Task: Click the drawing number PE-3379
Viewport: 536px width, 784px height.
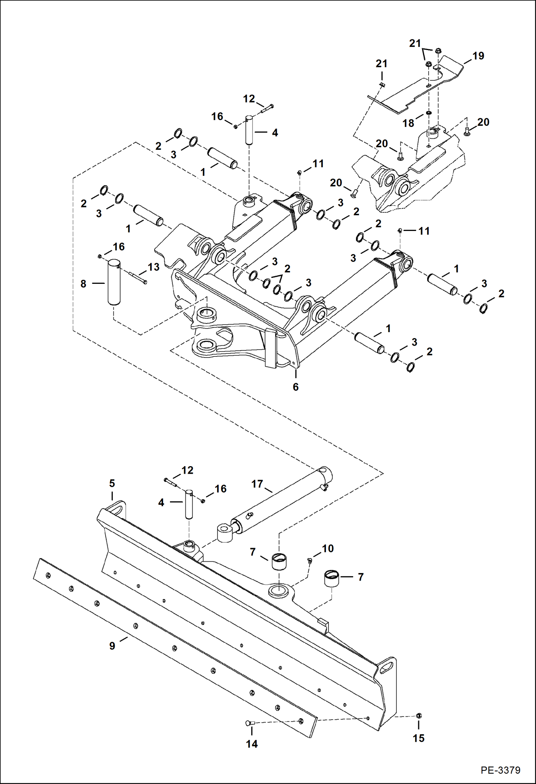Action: [500, 770]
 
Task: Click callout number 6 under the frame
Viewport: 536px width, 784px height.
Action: [296, 387]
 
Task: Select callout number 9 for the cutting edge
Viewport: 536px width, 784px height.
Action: [112, 646]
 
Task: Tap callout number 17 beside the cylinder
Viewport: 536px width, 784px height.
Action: [257, 484]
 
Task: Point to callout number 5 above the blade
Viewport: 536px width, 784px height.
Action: [112, 483]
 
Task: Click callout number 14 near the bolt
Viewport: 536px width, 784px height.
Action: [252, 744]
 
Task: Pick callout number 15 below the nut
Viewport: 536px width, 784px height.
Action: [418, 738]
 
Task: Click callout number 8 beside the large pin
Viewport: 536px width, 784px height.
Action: [83, 284]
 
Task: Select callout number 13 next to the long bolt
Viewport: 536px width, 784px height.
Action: [154, 267]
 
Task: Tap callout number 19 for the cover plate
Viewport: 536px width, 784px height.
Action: [478, 56]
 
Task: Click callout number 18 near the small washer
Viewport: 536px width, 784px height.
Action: [408, 123]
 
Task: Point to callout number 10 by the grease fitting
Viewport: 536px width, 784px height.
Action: [327, 548]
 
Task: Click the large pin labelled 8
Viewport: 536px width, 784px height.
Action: [114, 282]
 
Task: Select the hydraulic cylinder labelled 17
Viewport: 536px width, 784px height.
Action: [276, 501]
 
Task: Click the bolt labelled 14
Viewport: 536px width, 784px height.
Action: [249, 723]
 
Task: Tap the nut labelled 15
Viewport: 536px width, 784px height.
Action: [419, 715]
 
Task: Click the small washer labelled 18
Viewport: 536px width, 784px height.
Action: [428, 113]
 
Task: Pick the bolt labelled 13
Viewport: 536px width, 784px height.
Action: [137, 278]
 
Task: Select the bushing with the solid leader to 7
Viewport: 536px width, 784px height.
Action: [331, 578]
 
